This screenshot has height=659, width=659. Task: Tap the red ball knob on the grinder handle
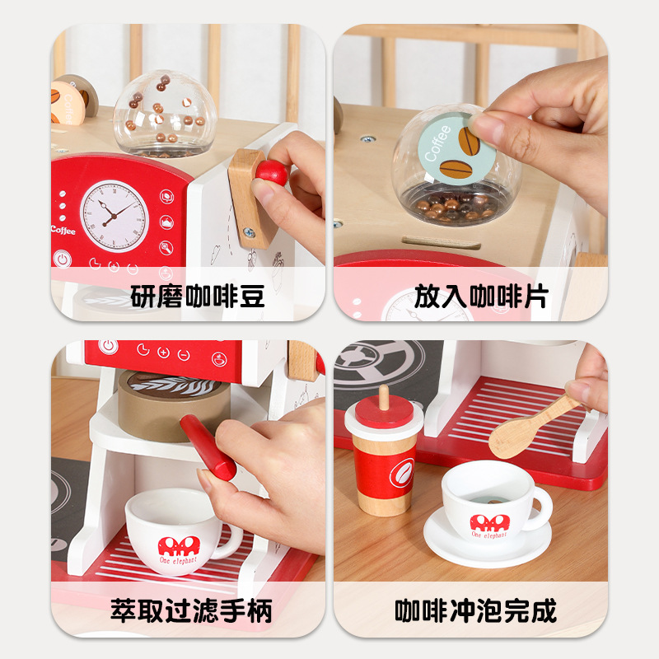tap(271, 172)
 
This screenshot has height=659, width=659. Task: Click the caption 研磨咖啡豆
tap(197, 295)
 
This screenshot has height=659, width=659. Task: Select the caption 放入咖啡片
tap(481, 295)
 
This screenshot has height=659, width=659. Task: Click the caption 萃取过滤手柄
tap(191, 611)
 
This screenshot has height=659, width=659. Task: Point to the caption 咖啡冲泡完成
tap(475, 611)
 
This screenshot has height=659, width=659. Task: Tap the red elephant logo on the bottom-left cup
tap(175, 548)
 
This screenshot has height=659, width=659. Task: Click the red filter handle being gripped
tap(208, 447)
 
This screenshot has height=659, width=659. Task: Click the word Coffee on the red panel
tap(63, 231)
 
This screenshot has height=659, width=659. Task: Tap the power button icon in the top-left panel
tap(61, 259)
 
